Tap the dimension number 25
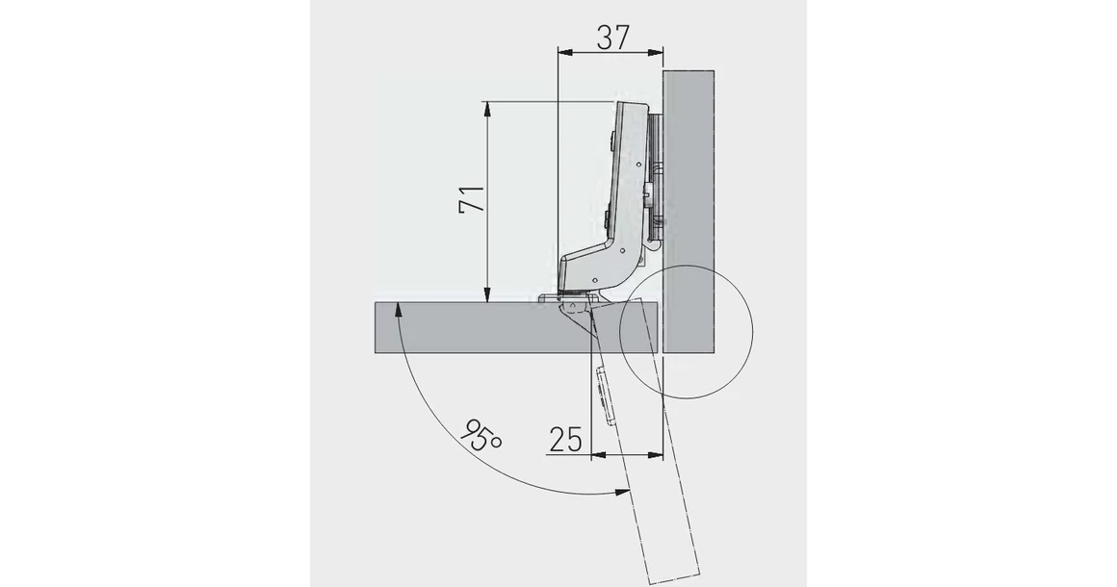click(x=566, y=439)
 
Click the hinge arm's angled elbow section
click(x=602, y=265)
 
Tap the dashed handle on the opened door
click(x=604, y=396)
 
